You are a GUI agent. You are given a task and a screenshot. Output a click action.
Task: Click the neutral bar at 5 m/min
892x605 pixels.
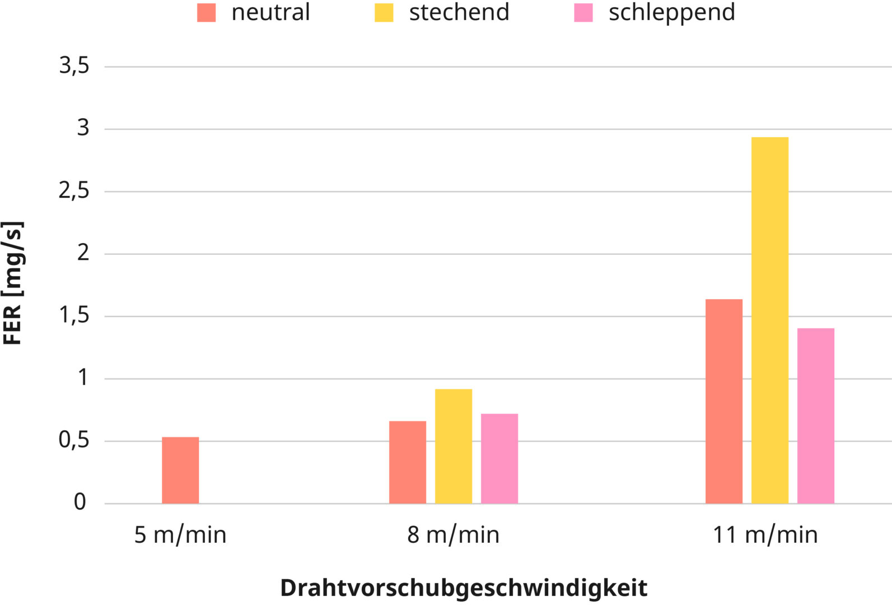180,471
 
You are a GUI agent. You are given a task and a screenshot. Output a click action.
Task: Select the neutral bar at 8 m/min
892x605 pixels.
408,462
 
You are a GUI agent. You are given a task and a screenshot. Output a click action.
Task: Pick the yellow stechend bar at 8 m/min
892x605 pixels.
454,446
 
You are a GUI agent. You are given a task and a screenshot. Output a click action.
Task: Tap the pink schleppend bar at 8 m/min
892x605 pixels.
499,459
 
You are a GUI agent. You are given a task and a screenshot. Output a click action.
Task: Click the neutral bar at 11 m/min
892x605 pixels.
724,402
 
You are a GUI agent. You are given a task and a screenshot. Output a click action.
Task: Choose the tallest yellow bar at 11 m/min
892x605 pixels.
770,320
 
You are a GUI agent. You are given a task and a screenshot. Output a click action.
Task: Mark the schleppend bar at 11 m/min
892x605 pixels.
816,416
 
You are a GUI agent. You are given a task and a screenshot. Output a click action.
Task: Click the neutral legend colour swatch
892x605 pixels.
206,13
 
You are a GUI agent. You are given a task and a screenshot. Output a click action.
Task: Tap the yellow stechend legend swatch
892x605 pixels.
384,13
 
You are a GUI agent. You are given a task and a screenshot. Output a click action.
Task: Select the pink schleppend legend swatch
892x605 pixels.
583,13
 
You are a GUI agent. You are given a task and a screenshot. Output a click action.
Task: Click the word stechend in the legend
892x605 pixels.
459,12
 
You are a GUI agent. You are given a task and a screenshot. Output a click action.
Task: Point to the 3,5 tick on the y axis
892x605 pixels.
74,66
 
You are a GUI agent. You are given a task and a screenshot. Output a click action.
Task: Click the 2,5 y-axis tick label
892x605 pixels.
74,191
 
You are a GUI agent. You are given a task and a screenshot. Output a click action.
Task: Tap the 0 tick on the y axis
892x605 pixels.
80,502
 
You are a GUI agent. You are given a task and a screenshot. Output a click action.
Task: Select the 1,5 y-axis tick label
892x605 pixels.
74,315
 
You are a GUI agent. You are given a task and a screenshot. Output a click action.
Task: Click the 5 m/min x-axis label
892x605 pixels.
180,535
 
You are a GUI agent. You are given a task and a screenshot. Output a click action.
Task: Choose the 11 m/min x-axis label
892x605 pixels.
765,535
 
